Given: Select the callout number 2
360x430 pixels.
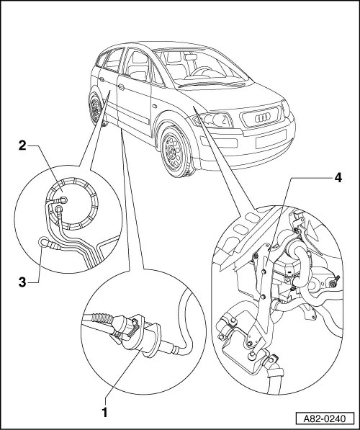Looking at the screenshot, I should pyautogui.click(x=23, y=147).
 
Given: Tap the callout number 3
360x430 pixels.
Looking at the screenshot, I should pyautogui.click(x=23, y=283).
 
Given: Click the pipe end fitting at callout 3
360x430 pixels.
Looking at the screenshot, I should pyautogui.click(x=45, y=243).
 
